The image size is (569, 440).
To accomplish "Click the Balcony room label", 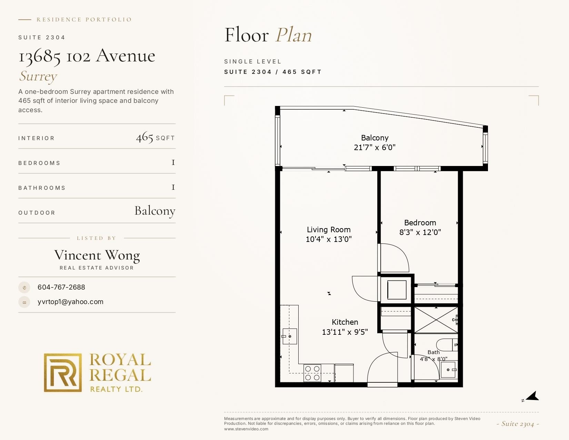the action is coord(375,138).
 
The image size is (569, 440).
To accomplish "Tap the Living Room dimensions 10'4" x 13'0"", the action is coord(329,239).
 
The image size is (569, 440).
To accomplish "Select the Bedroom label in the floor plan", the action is coord(420,223).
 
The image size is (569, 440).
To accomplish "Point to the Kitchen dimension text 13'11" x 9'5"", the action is coord(345,332).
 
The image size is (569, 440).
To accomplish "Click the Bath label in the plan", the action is coord(433,352).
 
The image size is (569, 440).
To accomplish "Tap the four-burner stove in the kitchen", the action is coord(312,373).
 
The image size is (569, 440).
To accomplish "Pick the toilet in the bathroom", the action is coord(447,345).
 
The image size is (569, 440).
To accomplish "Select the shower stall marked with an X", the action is coord(436,320).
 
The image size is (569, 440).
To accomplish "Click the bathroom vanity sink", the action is coord(449,370).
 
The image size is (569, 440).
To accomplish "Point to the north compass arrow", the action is coord(532,396).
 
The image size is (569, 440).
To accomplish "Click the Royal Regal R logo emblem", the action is coord(62,373).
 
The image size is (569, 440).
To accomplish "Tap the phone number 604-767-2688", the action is coord(61,287).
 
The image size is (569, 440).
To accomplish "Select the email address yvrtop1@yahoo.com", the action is coord(70,302).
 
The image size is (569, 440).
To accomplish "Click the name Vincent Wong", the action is coord(97,255).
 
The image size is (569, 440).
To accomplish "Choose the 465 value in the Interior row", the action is coord(144,137).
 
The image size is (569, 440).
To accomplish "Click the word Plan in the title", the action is coord(293,35).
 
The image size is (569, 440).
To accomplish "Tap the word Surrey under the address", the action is coord(38,76).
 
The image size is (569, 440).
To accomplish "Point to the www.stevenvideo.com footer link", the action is coord(246,429).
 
